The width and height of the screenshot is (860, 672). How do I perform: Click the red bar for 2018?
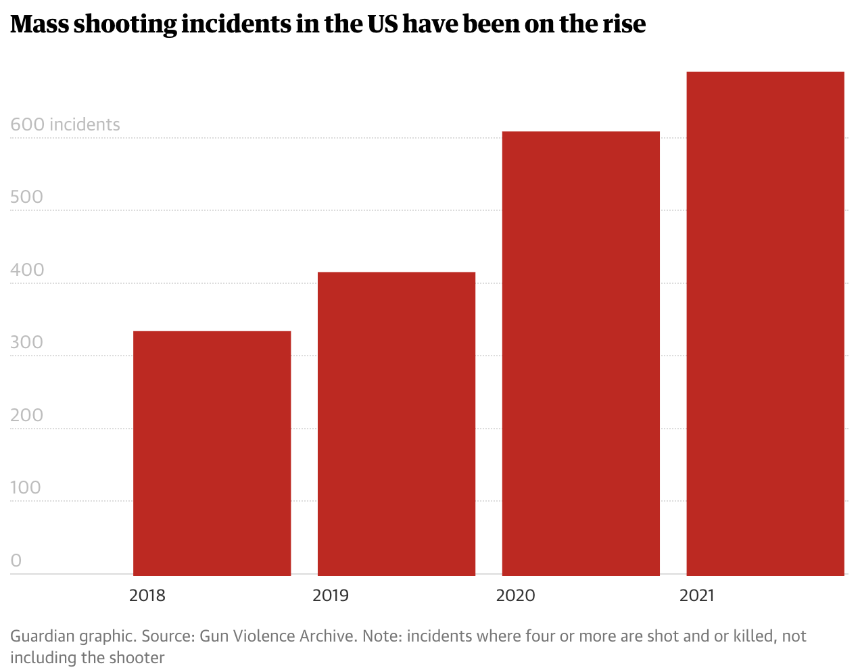[212, 453]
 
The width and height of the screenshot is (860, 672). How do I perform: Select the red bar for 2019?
[396, 423]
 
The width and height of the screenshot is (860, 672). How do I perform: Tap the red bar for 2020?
[581, 353]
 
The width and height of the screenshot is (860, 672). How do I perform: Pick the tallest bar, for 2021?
[765, 323]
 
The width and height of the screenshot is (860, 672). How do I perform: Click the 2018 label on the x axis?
[147, 596]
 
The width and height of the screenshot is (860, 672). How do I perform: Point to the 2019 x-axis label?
[331, 596]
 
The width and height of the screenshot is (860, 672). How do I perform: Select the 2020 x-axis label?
[515, 596]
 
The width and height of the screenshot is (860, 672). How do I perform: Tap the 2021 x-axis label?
[696, 596]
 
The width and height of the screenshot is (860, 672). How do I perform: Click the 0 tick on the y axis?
[16, 560]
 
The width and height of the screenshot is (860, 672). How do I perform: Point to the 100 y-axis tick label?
[26, 487]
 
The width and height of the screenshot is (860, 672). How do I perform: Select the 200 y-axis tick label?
[26, 415]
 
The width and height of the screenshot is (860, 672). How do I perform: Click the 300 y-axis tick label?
[26, 342]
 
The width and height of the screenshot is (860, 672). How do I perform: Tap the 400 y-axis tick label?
[26, 270]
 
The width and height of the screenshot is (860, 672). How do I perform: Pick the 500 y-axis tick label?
[26, 197]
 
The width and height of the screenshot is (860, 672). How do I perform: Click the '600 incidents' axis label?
[65, 124]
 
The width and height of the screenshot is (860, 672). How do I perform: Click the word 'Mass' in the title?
[39, 24]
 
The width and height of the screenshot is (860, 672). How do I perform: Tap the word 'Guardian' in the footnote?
[42, 637]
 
